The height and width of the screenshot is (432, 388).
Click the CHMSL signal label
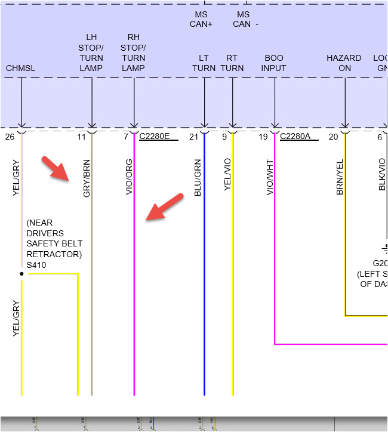click(21, 68)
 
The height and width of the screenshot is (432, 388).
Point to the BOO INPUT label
click(274, 63)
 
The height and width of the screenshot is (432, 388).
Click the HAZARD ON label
click(344, 63)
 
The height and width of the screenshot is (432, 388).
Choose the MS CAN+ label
click(201, 19)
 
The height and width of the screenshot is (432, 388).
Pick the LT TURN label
click(204, 63)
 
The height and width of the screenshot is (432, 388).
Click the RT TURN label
click(232, 63)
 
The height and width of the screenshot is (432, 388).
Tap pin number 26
click(9, 137)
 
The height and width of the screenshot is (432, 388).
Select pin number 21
click(193, 137)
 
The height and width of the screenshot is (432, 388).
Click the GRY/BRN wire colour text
click(87, 178)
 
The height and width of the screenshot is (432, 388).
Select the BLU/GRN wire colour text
click(199, 177)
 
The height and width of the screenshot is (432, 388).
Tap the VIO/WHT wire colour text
click(270, 177)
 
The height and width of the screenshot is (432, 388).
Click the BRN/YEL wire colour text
click(340, 177)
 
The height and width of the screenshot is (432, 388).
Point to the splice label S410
click(36, 264)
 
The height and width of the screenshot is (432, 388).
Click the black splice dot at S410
click(21, 274)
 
